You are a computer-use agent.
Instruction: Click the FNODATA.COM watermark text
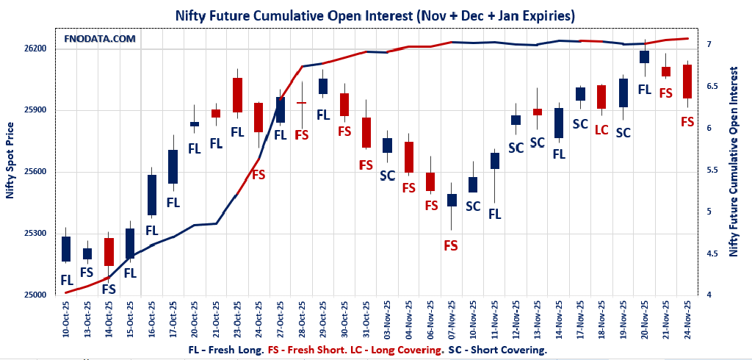[x=100, y=38]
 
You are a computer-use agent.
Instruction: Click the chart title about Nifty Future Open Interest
[x=375, y=15]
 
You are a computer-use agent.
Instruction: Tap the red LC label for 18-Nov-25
[x=601, y=130]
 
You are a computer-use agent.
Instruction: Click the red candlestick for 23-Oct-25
[x=237, y=95]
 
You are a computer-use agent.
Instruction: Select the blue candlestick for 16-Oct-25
[x=152, y=195]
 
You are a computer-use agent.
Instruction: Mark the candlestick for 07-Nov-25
[x=452, y=200]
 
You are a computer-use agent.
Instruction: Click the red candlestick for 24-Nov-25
[x=687, y=81]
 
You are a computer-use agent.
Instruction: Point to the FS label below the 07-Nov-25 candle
[x=451, y=245]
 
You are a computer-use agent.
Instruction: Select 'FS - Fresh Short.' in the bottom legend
[x=305, y=350]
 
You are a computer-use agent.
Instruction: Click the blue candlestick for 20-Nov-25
[x=644, y=57]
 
